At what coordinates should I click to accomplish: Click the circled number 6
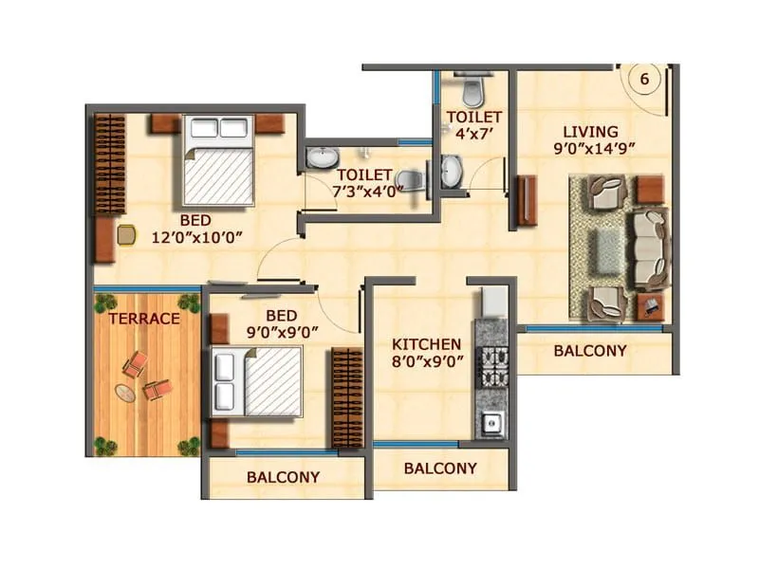click(x=644, y=80)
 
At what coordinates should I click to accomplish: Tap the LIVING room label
click(x=589, y=131)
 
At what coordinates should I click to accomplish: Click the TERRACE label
click(x=143, y=319)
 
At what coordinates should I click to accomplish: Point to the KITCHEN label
click(x=429, y=344)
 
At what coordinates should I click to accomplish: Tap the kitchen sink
click(x=492, y=425)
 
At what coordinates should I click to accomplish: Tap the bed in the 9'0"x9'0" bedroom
click(x=258, y=381)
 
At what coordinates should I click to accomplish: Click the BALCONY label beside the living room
click(x=590, y=350)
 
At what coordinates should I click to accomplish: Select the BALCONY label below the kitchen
click(x=440, y=468)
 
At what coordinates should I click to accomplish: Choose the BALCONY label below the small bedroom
click(x=283, y=477)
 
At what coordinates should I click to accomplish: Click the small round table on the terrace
click(x=124, y=392)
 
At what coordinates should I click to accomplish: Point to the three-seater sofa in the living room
click(x=650, y=247)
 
